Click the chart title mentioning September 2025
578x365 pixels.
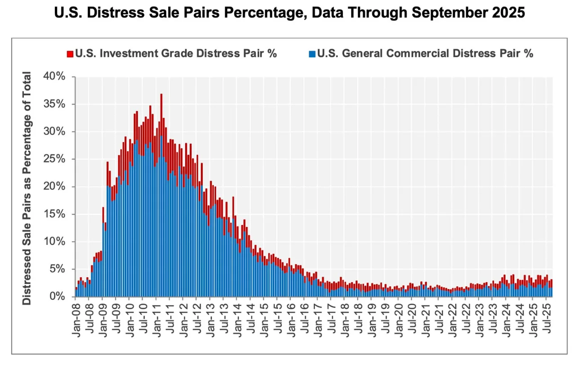pyautogui.click(x=289, y=13)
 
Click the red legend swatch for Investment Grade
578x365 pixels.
pyautogui.click(x=69, y=54)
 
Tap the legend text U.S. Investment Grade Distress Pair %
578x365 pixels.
pyautogui.click(x=176, y=54)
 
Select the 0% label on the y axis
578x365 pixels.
pyautogui.click(x=58, y=296)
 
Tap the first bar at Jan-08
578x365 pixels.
pyautogui.click(x=76, y=292)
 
